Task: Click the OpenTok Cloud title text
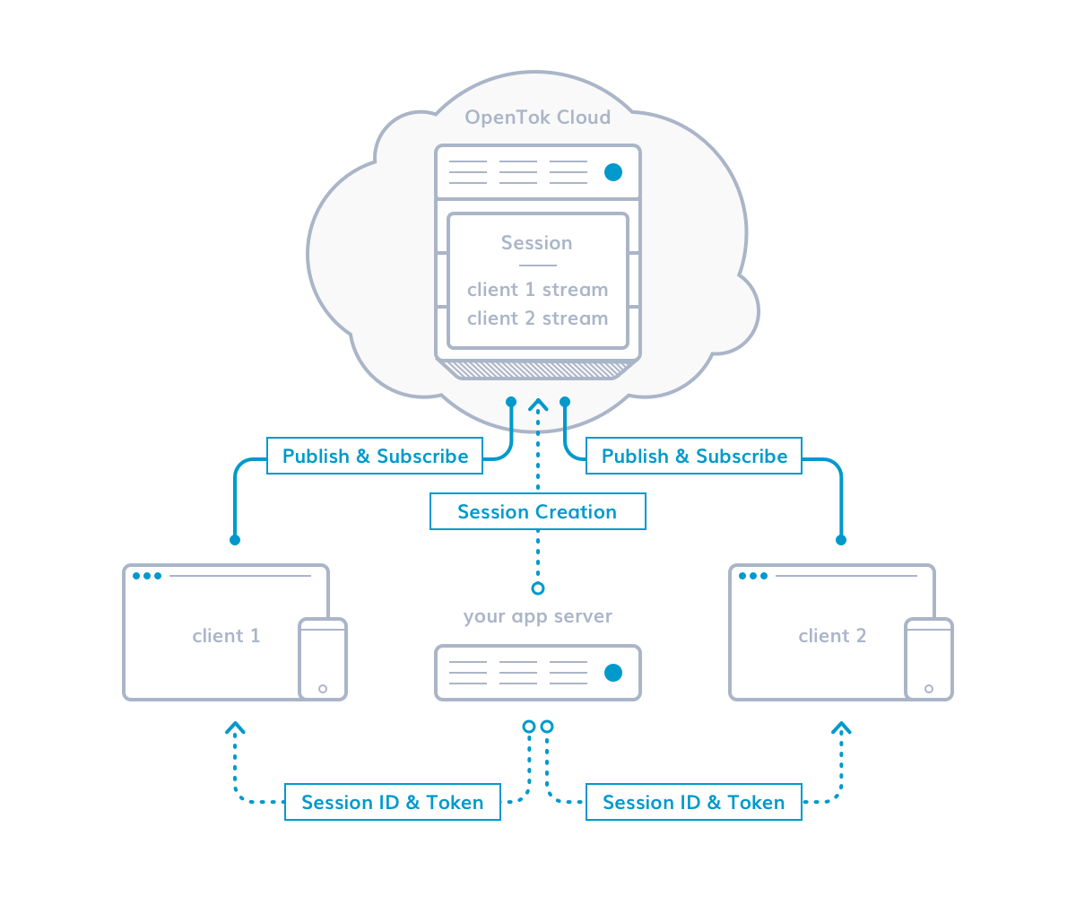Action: coord(537,118)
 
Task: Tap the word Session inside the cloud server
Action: coord(536,243)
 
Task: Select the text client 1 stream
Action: coord(537,290)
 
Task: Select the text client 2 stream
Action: coord(537,318)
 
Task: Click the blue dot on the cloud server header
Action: coord(613,172)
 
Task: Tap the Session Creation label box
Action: coord(537,512)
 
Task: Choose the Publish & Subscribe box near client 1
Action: coord(375,457)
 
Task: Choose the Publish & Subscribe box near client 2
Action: coord(694,457)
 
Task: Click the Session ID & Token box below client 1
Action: coord(392,803)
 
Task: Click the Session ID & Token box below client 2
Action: coord(693,803)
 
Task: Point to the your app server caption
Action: coord(537,617)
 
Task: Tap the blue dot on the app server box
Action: coord(613,673)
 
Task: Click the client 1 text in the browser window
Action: coord(226,636)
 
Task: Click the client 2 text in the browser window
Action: coord(832,636)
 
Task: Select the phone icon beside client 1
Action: coord(323,659)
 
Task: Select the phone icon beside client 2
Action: coord(929,659)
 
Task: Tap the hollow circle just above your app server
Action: coord(538,588)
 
